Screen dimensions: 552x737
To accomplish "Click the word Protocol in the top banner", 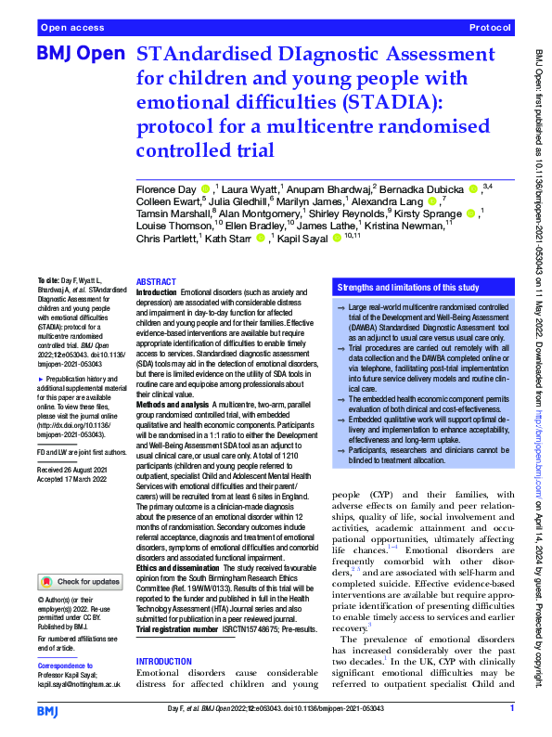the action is pyautogui.click(x=490, y=29).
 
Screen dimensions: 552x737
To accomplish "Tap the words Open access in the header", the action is pyautogui.click(x=71, y=29).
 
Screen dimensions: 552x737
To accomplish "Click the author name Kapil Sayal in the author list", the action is pyautogui.click(x=309, y=238).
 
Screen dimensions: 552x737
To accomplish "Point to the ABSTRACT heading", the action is pyautogui.click(x=155, y=281).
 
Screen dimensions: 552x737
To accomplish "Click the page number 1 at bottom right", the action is pyautogui.click(x=512, y=709).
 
